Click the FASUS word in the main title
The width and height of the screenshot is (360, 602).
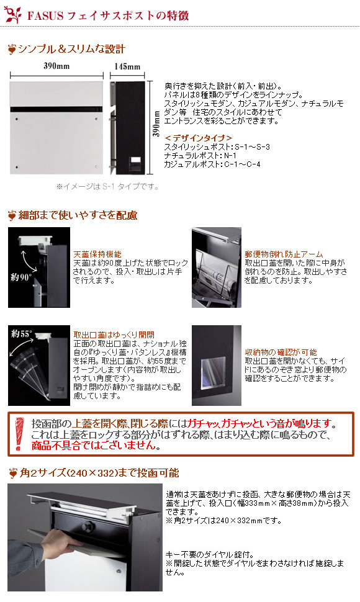(x=45, y=16)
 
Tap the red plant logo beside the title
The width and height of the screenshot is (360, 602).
(x=13, y=15)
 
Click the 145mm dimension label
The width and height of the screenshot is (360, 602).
(x=127, y=66)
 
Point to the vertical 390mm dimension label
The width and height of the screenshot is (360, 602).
(x=156, y=124)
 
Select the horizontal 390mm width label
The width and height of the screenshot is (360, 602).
(x=56, y=66)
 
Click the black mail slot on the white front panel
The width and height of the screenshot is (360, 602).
(x=57, y=109)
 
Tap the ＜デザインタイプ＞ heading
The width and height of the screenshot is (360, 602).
(x=198, y=138)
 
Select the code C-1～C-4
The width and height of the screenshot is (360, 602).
(x=243, y=164)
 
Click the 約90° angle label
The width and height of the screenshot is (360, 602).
(x=21, y=277)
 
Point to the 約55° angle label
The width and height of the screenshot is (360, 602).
(x=22, y=333)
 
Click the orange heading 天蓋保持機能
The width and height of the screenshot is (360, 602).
(x=97, y=254)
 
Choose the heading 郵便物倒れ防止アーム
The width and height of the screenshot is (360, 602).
(x=284, y=254)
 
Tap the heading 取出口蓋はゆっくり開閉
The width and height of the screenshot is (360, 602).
(x=114, y=335)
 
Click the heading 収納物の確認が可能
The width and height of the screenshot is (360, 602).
(x=281, y=352)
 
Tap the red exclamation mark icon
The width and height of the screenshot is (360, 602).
(x=17, y=434)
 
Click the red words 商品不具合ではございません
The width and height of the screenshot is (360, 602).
(x=96, y=446)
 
